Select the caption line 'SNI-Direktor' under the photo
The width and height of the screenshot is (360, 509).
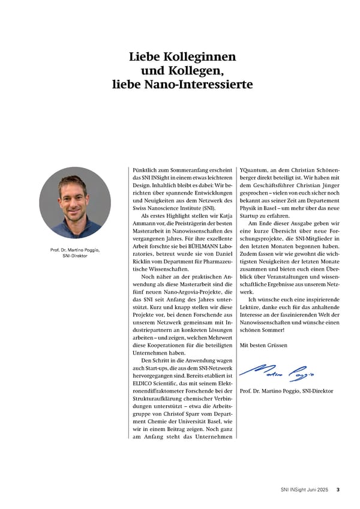pos(75,256)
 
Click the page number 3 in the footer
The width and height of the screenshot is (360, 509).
pos(338,490)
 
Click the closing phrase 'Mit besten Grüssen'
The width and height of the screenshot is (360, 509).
pos(263,346)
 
